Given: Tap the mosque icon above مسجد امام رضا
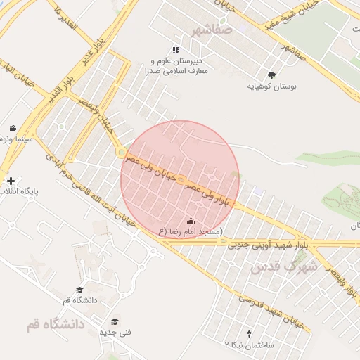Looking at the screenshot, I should pos(191,221).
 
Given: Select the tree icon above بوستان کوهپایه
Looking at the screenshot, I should pos(272,75).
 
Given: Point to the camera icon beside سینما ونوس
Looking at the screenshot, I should pos(13,128).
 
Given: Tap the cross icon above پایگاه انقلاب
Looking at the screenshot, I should pos(11,181).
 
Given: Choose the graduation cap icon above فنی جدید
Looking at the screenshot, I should pos(115,321).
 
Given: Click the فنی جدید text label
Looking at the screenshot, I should pos(115,332).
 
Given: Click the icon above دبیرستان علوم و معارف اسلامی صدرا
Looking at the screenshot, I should pos(176,50).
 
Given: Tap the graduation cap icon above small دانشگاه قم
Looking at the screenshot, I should pos(79,290).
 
